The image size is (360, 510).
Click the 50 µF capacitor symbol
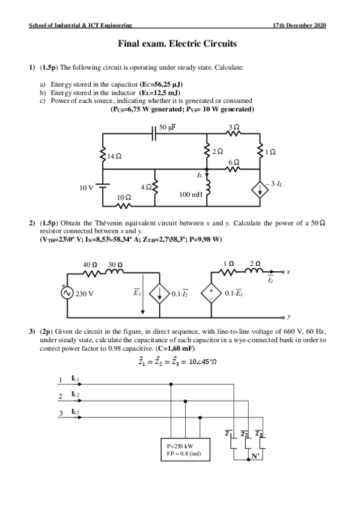point(154,134)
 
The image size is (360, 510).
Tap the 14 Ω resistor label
point(114,156)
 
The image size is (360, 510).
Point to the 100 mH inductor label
point(191,194)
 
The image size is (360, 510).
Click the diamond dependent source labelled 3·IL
point(260,190)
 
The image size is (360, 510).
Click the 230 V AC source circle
point(67,293)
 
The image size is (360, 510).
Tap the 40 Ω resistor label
point(90,265)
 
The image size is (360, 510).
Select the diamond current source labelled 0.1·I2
point(159,293)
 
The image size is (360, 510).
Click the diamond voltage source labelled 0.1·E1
point(211,293)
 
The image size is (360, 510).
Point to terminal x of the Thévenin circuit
point(283,272)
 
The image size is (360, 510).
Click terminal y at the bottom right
point(283,317)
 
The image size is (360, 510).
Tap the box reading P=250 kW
point(186,449)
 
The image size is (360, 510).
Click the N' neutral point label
point(255,456)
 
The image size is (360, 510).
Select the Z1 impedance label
point(229,434)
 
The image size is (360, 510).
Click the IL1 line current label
point(75,378)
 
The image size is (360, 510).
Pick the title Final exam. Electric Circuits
point(177,43)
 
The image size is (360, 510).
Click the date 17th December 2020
point(299,25)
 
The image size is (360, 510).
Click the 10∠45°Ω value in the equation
point(203,361)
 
